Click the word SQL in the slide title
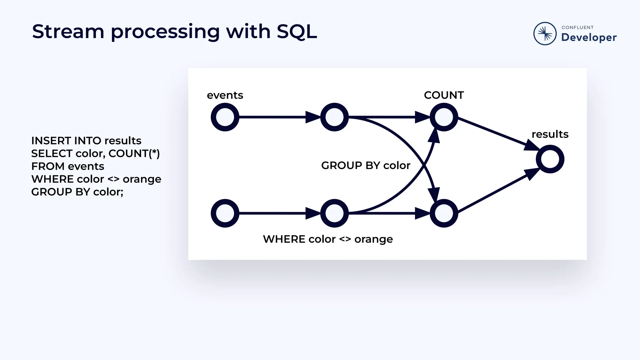[x=297, y=32]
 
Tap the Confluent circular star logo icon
[x=545, y=33]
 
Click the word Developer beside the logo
[x=589, y=37]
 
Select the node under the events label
[x=225, y=117]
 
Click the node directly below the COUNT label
[x=444, y=117]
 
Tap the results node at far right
[x=550, y=159]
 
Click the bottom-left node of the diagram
[x=225, y=213]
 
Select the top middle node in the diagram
[x=334, y=117]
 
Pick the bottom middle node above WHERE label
[x=334, y=213]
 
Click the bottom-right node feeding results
[x=444, y=213]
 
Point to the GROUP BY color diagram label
[x=366, y=165]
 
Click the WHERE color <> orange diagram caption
[x=328, y=239]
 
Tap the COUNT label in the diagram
[x=444, y=95]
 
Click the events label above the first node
[x=225, y=95]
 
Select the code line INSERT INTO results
[x=86, y=141]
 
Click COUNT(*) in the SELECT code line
[x=134, y=153]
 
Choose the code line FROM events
[x=67, y=166]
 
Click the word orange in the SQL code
[x=142, y=179]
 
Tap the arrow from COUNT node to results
[x=497, y=133]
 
